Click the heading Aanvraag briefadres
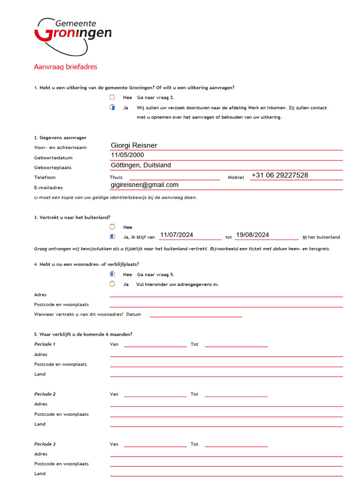click(66, 67)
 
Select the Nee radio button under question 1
click(112, 97)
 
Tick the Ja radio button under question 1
click(112, 107)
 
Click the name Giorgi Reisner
click(134, 145)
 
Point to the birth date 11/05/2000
click(127, 155)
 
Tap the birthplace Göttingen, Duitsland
click(141, 165)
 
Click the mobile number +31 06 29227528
click(280, 175)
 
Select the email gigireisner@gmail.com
click(144, 185)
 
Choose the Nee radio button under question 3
click(112, 227)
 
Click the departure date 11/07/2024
click(176, 235)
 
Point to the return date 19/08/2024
click(252, 235)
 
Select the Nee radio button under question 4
click(112, 274)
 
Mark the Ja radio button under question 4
click(112, 284)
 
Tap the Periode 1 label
click(45, 344)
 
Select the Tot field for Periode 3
click(236, 443)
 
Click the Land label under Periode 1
click(40, 374)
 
